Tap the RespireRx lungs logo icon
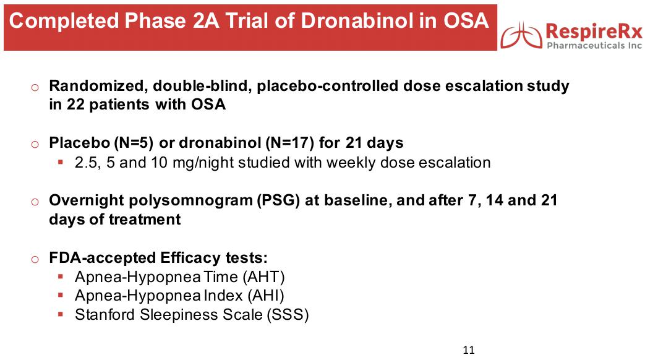[x=521, y=35]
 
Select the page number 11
[x=469, y=349]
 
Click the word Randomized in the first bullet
[x=98, y=87]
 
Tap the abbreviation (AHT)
[x=263, y=277]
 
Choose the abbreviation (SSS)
[x=288, y=315]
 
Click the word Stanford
[x=105, y=315]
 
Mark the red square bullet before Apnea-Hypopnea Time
[x=61, y=276]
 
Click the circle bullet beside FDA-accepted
[x=35, y=259]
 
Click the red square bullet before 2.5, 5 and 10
[x=61, y=162]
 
